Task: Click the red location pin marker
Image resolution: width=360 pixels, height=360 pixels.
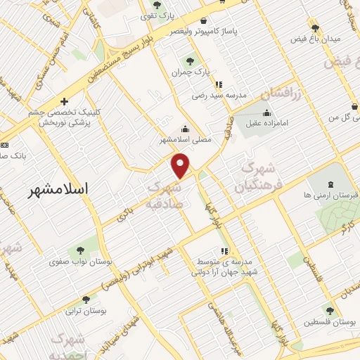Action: click(x=181, y=165)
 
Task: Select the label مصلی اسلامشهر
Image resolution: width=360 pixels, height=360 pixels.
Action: click(x=184, y=141)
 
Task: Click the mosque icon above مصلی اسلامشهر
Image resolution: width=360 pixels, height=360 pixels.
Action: click(x=184, y=129)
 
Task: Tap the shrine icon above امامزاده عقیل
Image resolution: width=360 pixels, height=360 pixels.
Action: click(x=266, y=112)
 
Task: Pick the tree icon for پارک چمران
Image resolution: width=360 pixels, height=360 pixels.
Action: click(x=188, y=60)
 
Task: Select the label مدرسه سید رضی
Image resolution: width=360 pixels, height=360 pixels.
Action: click(x=222, y=94)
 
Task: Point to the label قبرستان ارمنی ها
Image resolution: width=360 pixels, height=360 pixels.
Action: click(x=326, y=194)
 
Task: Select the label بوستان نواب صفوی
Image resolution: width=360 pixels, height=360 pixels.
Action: click(x=81, y=262)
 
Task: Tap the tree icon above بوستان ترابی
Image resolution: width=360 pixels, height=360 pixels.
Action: click(x=86, y=300)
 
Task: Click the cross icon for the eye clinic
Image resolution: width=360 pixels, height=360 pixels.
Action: click(x=65, y=101)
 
